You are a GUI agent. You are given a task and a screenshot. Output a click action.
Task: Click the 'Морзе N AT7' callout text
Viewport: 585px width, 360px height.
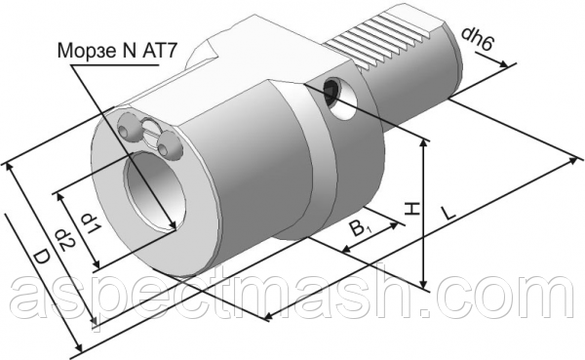coord(116,51)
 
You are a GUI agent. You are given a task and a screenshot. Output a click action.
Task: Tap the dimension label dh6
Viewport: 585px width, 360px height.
coord(478,39)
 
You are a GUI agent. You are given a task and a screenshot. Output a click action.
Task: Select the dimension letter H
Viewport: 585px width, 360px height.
coord(411,209)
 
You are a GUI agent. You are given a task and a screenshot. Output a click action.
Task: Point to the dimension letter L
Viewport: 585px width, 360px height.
coord(448,212)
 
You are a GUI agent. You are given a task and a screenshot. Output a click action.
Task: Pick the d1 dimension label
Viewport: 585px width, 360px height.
coord(91,223)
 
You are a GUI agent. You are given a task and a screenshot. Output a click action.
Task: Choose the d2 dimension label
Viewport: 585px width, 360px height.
coord(66,239)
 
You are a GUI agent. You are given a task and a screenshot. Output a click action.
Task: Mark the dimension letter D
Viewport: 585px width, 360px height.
coord(41,259)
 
